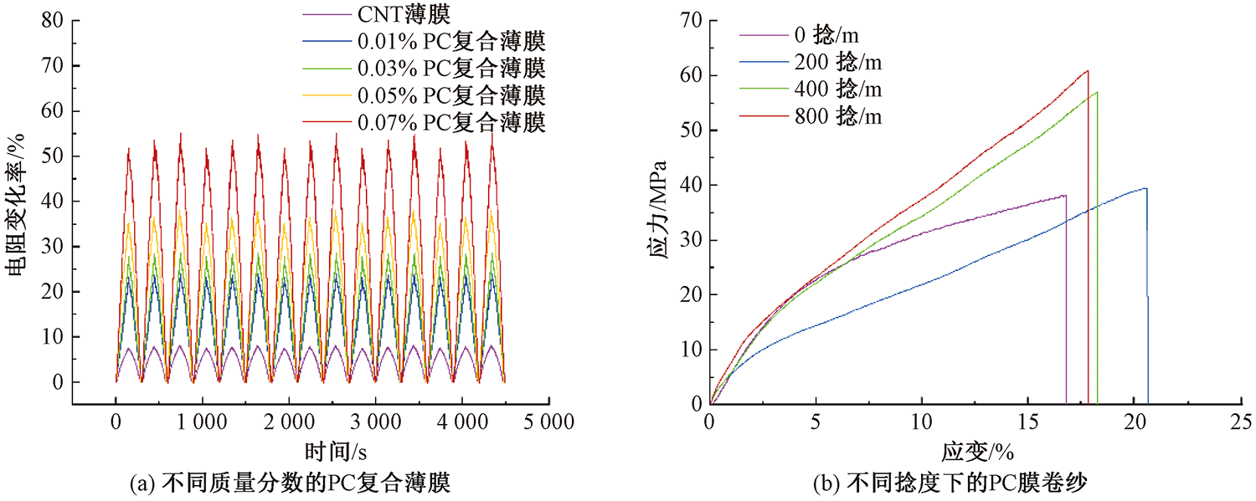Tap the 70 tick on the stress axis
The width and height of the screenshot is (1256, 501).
click(688, 20)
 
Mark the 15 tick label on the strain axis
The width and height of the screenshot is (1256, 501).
click(1027, 421)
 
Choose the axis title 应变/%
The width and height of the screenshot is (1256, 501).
click(976, 452)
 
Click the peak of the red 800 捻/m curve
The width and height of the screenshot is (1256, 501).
click(1087, 70)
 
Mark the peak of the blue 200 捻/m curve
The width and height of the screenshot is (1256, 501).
click(1145, 188)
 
